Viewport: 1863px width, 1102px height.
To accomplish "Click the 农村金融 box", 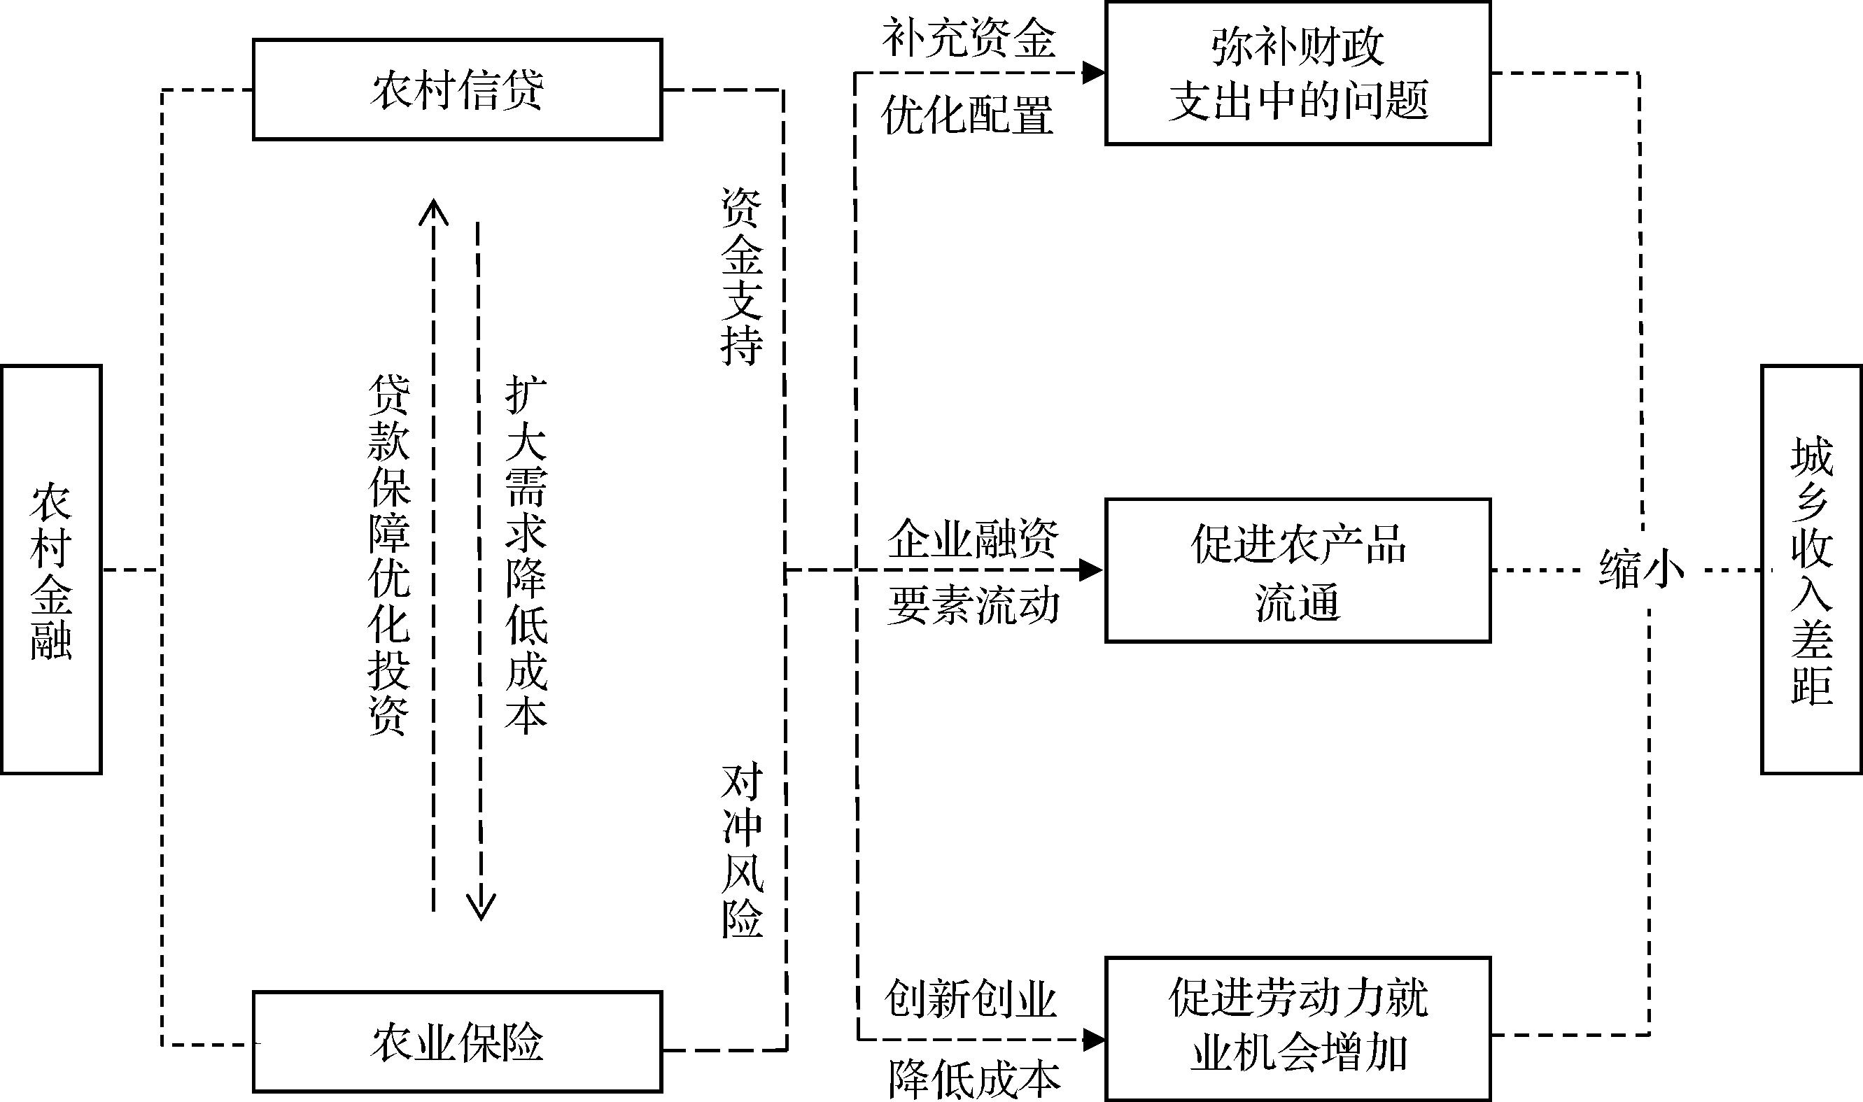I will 50,570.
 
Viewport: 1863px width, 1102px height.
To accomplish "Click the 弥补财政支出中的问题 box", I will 1298,73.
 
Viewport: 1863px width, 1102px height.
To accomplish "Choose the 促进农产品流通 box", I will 1298,570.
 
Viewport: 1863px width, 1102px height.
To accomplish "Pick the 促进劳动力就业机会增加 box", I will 1298,1029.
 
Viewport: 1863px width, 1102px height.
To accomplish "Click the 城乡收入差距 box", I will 1811,570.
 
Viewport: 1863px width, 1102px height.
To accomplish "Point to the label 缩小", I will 1641,570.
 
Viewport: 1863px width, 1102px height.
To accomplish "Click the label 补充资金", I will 969,38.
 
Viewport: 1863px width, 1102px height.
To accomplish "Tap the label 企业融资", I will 973,538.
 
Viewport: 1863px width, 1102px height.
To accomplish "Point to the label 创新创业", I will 970,1000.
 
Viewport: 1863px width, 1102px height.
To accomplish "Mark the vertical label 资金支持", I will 741,276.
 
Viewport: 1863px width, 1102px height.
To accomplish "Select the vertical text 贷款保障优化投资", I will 389,554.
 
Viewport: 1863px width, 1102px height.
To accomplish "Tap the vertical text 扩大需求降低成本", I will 526,554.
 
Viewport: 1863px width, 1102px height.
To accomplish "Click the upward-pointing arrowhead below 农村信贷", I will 434,211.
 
